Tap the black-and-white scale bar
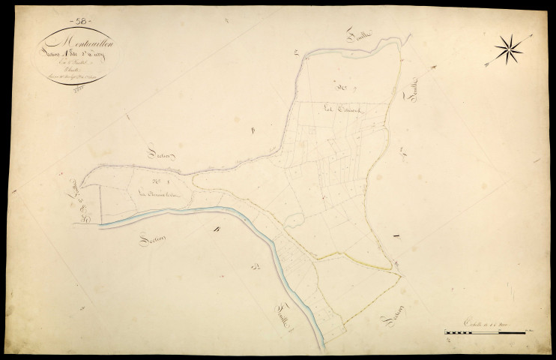tap(488, 330)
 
